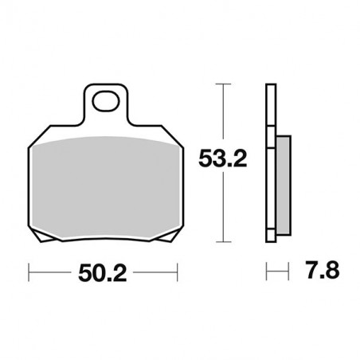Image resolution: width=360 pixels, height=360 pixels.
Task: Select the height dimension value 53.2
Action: (x=224, y=159)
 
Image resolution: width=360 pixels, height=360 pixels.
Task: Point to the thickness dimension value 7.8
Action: (x=321, y=272)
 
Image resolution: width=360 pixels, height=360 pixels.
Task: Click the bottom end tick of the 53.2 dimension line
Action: (x=224, y=241)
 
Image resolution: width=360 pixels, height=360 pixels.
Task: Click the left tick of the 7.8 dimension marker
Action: (x=266, y=272)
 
